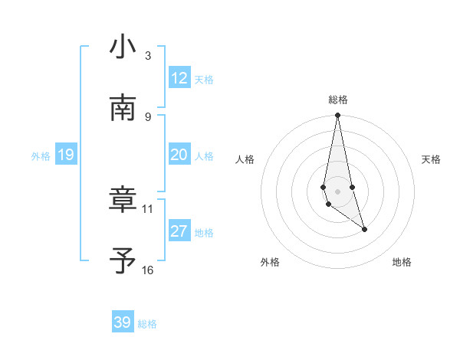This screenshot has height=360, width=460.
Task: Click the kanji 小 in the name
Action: pyautogui.click(x=123, y=47)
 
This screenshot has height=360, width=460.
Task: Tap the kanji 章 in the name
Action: pyautogui.click(x=123, y=200)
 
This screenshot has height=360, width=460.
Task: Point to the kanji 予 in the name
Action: pyautogui.click(x=123, y=261)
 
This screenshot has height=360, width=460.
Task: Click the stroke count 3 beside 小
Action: pyautogui.click(x=148, y=56)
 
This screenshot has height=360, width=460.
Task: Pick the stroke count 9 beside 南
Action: pyautogui.click(x=148, y=116)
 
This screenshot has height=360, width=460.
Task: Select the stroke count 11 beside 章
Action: pyautogui.click(x=148, y=208)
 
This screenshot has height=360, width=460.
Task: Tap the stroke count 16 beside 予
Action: pyautogui.click(x=148, y=270)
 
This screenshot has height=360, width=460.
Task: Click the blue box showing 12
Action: pyautogui.click(x=179, y=78)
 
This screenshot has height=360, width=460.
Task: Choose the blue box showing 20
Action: pyautogui.click(x=179, y=155)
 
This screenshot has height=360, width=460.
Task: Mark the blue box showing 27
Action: pyautogui.click(x=179, y=231)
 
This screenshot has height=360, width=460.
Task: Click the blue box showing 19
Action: pyautogui.click(x=66, y=155)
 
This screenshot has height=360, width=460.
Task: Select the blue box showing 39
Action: pyautogui.click(x=123, y=322)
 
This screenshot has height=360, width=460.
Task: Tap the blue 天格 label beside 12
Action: pyautogui.click(x=204, y=80)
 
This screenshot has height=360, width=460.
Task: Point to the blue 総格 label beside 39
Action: pyautogui.click(x=147, y=324)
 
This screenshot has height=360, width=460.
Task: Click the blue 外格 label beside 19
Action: pyautogui.click(x=41, y=156)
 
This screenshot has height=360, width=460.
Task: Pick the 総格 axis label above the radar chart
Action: pyautogui.click(x=338, y=100)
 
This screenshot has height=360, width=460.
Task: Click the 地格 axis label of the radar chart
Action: pyautogui.click(x=402, y=262)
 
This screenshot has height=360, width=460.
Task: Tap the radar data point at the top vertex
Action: pyautogui.click(x=337, y=116)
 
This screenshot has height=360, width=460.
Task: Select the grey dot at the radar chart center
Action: pyautogui.click(x=337, y=191)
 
